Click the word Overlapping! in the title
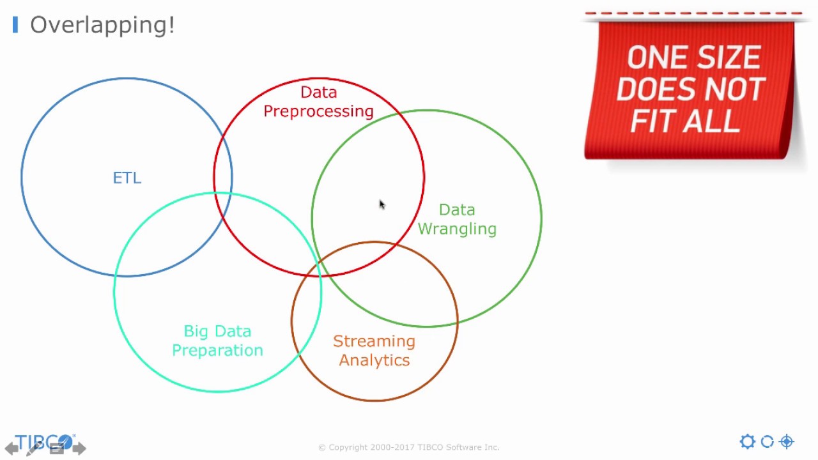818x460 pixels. (102, 26)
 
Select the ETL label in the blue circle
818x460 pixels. (127, 178)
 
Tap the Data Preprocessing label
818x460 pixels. (318, 102)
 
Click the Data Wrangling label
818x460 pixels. (457, 219)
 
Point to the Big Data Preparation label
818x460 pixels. (217, 341)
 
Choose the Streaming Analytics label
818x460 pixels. (374, 351)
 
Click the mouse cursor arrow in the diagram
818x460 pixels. (382, 204)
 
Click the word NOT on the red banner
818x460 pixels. (737, 89)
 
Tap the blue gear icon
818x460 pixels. (747, 441)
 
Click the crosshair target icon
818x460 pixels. (787, 441)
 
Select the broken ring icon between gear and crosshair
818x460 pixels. (767, 441)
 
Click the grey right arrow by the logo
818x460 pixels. (79, 448)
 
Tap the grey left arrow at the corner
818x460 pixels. (12, 448)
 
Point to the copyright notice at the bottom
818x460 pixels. (408, 447)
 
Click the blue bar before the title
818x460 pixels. (15, 26)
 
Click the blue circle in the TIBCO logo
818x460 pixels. (65, 441)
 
